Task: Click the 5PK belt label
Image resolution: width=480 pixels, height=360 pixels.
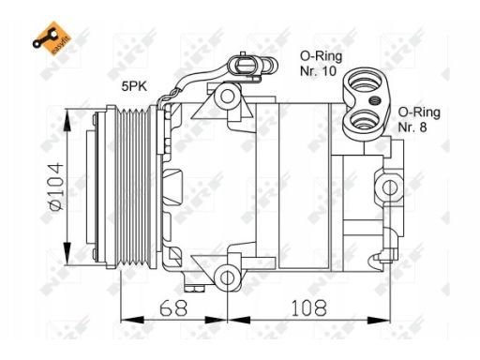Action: click(134, 86)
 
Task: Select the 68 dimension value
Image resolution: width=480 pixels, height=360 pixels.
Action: click(173, 307)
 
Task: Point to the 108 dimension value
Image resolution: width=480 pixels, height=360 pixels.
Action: click(308, 307)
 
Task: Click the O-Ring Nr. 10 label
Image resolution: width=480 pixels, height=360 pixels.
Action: click(321, 64)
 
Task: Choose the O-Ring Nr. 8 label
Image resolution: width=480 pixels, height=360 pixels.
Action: click(419, 120)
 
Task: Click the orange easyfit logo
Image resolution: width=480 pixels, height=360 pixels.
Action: click(52, 38)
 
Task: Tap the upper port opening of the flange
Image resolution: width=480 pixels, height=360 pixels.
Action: click(365, 82)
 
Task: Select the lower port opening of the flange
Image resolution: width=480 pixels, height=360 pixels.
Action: click(365, 120)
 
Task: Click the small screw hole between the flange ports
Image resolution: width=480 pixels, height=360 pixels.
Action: click(374, 100)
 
